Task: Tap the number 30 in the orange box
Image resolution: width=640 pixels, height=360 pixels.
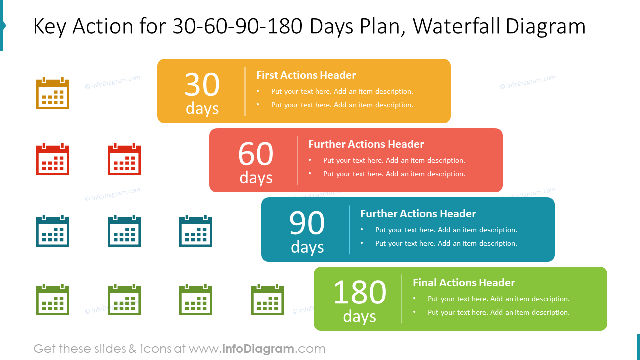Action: [x=202, y=84]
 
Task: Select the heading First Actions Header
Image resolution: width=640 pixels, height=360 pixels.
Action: [x=306, y=75]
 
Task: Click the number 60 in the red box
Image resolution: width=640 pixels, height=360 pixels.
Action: [x=256, y=154]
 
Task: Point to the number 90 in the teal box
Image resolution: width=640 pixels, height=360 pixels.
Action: [x=307, y=223]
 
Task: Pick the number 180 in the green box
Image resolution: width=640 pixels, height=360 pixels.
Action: [x=359, y=292]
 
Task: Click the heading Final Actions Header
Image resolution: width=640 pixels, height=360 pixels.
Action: [x=464, y=283]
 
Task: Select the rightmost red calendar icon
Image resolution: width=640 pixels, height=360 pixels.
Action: [x=124, y=160]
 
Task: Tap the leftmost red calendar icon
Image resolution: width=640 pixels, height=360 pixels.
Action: [x=53, y=160]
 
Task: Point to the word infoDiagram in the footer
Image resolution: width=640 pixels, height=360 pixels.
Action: [x=258, y=349]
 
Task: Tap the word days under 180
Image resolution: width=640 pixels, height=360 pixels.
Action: [x=359, y=316]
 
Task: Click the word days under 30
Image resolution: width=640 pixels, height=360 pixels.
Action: [x=202, y=108]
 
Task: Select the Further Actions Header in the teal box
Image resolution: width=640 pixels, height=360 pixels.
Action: [x=418, y=214]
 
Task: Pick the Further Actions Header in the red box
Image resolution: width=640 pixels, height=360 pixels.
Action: [x=366, y=144]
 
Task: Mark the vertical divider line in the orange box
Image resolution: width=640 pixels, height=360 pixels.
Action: [x=245, y=91]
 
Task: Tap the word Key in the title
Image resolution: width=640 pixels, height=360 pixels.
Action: [x=49, y=27]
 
